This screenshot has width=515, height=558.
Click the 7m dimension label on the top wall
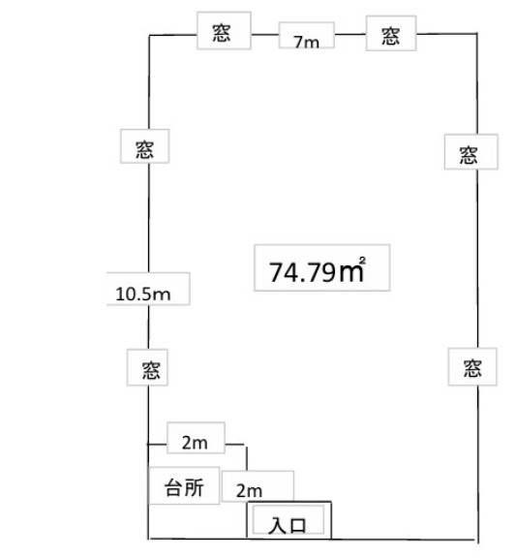(306, 42)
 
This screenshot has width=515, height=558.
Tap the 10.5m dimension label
(143, 294)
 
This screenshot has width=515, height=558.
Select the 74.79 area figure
(302, 272)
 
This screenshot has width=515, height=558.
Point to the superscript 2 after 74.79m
(362, 261)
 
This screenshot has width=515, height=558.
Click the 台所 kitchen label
(184, 487)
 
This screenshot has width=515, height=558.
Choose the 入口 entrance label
(287, 525)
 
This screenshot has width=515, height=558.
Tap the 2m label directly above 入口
(250, 491)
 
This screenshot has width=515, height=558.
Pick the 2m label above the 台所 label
(195, 443)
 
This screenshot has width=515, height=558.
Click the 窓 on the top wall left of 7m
(222, 33)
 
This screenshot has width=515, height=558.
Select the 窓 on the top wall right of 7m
(391, 36)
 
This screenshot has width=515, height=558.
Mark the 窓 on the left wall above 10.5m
(144, 149)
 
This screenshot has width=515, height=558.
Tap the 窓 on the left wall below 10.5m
(151, 370)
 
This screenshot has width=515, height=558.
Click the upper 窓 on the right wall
(469, 155)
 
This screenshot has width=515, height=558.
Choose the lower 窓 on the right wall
(472, 368)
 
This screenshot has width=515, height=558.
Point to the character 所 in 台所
(195, 487)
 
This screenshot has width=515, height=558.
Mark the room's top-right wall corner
(477, 34)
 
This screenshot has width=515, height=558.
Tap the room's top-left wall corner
(149, 35)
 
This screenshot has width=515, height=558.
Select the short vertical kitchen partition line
(247, 457)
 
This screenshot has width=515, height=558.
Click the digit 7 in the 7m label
(298, 42)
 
